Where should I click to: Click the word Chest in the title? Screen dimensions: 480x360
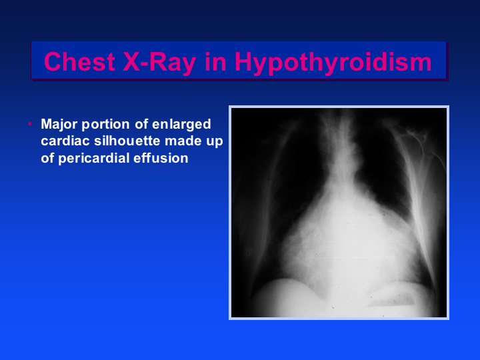click(79, 62)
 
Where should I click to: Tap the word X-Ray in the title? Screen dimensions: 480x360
click(159, 63)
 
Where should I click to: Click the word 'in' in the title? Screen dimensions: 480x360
click(215, 62)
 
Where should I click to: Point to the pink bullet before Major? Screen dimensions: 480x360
click(30, 124)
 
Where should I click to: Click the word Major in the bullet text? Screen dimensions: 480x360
click(59, 125)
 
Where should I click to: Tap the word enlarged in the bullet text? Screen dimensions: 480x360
click(181, 125)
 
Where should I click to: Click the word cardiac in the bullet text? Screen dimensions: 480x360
click(65, 141)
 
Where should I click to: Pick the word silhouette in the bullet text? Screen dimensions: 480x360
click(127, 141)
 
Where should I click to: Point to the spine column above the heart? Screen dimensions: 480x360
click(345, 144)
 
